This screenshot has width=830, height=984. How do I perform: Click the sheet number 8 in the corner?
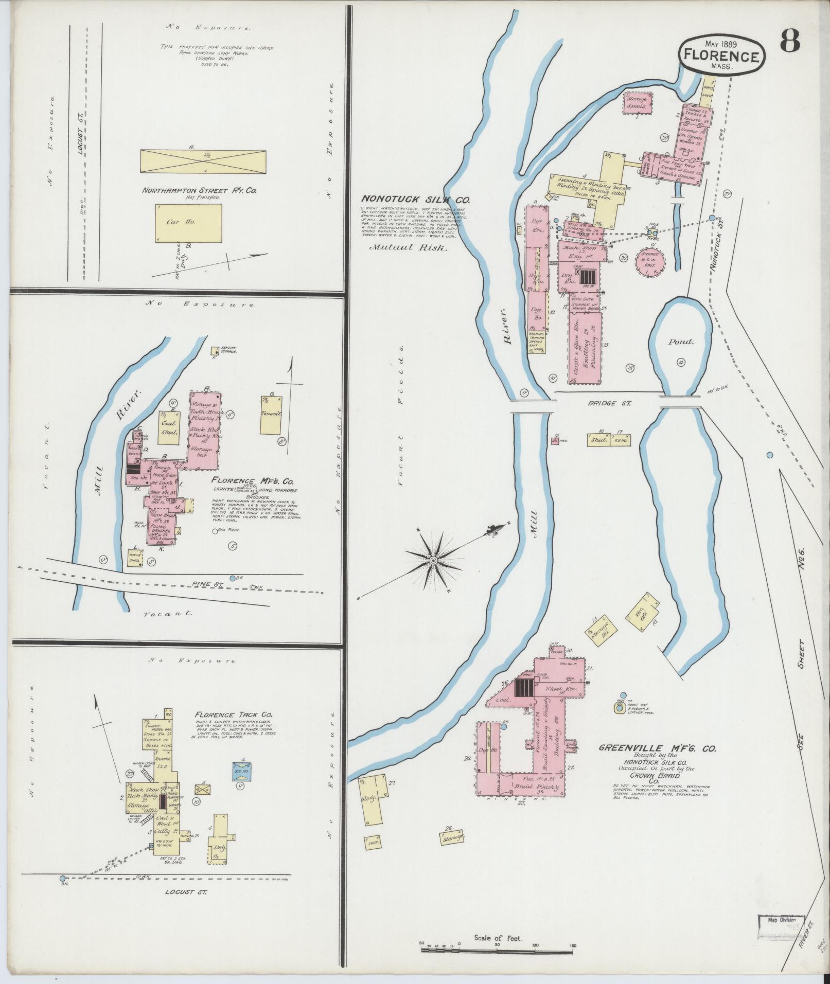click(789, 41)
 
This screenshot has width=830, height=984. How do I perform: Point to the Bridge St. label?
click(602, 403)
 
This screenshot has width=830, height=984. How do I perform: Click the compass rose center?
click(434, 560)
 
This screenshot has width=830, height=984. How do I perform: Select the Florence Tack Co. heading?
click(234, 715)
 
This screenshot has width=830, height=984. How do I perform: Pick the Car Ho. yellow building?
click(188, 223)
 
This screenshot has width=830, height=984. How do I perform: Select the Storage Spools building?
click(638, 103)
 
